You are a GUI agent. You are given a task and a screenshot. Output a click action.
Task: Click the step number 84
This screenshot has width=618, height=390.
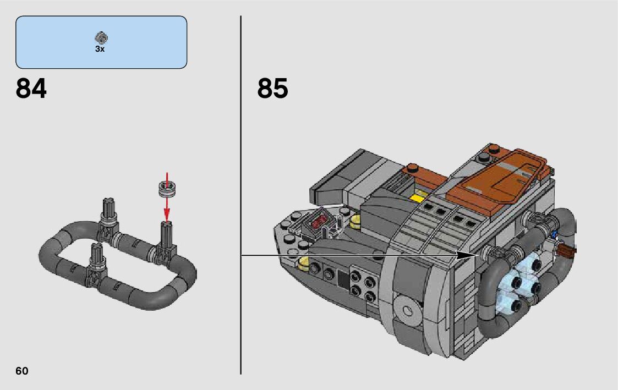click(x=31, y=88)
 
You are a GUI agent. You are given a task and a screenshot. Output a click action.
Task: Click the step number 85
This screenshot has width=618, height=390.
click(x=273, y=88)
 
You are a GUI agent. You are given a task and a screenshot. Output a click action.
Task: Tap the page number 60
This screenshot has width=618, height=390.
click(x=22, y=371)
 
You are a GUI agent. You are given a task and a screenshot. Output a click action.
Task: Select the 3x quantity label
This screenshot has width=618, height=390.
click(x=100, y=49)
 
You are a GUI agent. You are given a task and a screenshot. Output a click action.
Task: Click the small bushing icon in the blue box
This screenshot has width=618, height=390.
click(x=101, y=38)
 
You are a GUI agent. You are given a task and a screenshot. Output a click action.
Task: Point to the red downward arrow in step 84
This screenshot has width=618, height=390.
click(x=167, y=197)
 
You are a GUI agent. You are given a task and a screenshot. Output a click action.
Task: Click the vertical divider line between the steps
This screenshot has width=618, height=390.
click(x=241, y=195)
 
